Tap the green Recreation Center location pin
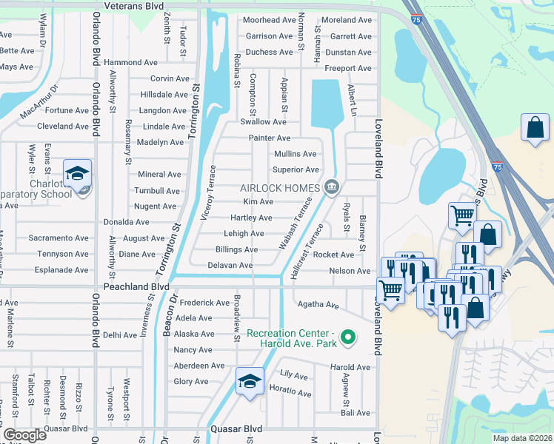coord(352,339)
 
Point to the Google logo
coord(24,434)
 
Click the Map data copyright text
coord(522,438)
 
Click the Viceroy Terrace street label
coord(210,193)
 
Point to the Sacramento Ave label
coord(59,238)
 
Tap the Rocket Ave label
coord(333,255)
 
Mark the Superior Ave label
coord(296,170)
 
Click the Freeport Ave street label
coord(348,69)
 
